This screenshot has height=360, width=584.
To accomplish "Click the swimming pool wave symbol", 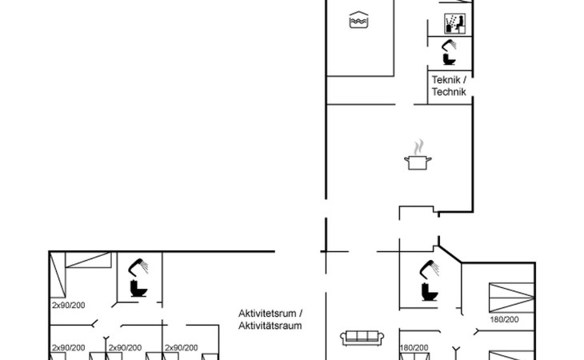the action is coord(358,20).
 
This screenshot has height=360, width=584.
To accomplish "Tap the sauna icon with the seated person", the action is coord(454,24).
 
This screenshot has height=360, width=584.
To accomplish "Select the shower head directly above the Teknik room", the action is coord(449,45).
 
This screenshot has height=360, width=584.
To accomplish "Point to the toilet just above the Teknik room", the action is coord(449,59).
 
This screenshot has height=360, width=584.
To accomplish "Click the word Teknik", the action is coord(446,80).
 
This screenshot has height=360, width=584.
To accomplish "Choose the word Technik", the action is coord(449,91).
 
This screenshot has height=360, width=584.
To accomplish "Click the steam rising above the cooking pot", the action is coord(418,146).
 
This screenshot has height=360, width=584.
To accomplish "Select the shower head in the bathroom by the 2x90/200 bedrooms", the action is coord(138,267).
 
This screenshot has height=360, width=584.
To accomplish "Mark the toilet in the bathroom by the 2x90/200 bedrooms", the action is coord(138,289).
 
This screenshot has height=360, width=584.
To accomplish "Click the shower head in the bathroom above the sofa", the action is coord(429,269).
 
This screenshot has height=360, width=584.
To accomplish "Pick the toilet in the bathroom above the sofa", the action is coord(430,292).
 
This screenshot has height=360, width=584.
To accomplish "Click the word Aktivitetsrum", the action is coord(267,313).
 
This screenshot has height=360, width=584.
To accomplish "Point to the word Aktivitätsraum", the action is coord(270,326).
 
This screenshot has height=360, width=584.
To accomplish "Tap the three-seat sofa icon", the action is coord(362,338).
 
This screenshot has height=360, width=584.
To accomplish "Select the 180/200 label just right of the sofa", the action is coord(414,348).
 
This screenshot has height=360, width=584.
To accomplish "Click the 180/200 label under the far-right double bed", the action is coord(504,319).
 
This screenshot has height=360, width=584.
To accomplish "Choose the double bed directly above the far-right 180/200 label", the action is coord(512,298).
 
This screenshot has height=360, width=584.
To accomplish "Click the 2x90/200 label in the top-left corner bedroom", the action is coord(69,306).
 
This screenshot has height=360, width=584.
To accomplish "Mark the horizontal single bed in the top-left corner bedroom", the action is coord(88,260).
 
